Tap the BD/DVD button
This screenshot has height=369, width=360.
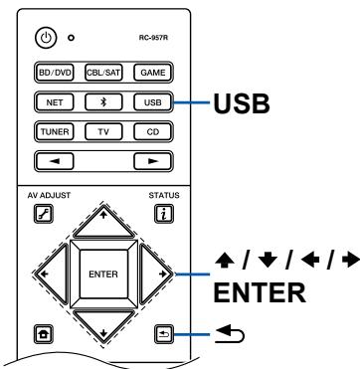pos(55,73)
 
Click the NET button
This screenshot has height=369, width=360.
pos(55,100)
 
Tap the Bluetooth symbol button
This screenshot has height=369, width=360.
pos(102,100)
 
